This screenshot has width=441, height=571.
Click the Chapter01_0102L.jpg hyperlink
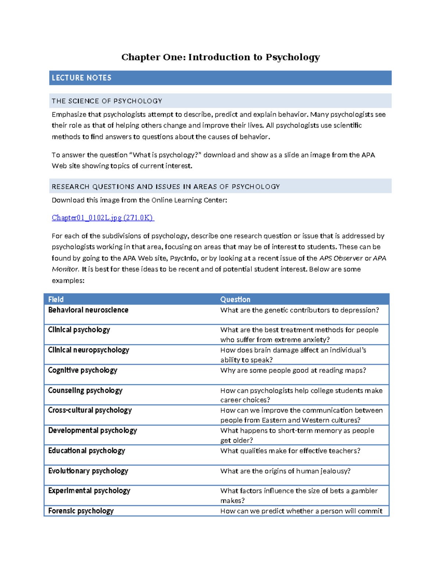103,218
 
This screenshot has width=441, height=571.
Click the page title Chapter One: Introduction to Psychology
220,57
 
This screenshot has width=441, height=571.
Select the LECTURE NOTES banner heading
82,78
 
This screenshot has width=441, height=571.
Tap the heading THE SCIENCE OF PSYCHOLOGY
107,101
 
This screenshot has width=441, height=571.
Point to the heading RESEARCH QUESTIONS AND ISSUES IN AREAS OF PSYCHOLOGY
166,187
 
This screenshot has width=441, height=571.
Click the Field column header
56,299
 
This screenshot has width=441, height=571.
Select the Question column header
235,299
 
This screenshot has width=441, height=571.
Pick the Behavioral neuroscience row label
88,310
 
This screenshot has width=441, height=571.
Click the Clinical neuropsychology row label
89,350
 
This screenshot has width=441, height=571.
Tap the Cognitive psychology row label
83,370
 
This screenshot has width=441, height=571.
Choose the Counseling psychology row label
85,390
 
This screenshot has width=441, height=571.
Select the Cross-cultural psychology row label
90,410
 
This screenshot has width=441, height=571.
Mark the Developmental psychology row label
93,431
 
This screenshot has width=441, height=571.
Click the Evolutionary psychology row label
88,471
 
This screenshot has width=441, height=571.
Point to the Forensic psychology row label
81,511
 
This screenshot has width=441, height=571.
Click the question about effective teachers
290,451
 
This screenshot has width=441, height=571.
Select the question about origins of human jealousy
285,471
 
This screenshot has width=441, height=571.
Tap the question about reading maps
293,370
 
